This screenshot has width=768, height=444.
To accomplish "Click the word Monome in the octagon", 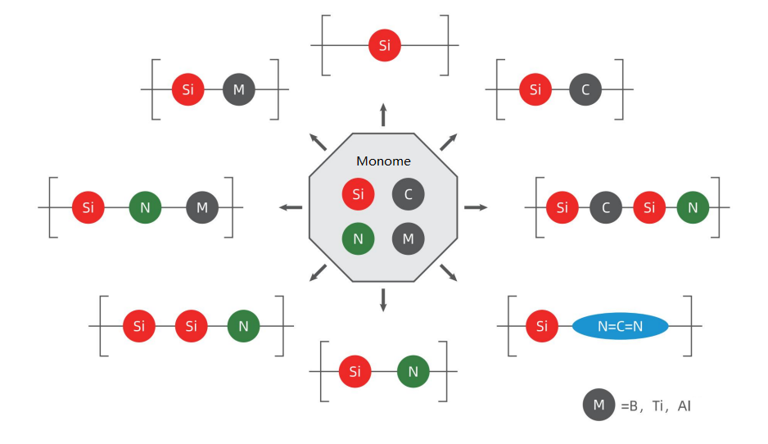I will point(383,161).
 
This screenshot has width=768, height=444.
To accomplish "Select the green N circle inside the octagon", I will point(358,239).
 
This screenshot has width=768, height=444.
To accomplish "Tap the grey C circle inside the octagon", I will point(409,194).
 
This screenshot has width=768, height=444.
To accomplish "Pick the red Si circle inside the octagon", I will point(358,194).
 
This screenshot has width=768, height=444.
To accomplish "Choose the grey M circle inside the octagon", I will point(409,239).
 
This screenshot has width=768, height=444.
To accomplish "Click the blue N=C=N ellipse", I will point(620,327).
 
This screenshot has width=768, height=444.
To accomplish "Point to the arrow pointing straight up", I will point(383,114).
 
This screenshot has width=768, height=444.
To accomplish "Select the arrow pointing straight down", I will point(383,300).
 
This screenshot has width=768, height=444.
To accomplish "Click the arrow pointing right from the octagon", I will point(476,207).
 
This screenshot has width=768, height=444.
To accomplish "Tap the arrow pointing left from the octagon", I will point(291,207).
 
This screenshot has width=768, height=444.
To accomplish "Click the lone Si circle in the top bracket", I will point(385,45).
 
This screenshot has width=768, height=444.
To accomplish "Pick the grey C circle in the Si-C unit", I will point(585,89).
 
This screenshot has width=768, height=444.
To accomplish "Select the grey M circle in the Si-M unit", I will point(239,89).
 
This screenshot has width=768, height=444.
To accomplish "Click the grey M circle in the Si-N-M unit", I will point(202,207).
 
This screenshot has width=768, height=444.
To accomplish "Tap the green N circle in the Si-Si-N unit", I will point(243,327).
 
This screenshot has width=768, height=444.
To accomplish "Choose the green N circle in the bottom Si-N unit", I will point(413,372).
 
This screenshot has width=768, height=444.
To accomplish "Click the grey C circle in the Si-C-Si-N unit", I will point(606,207).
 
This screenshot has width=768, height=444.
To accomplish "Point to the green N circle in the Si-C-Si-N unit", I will point(693,207).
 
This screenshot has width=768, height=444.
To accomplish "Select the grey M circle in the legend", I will point(599,405).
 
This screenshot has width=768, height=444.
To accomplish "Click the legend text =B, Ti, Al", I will point(656,405).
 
